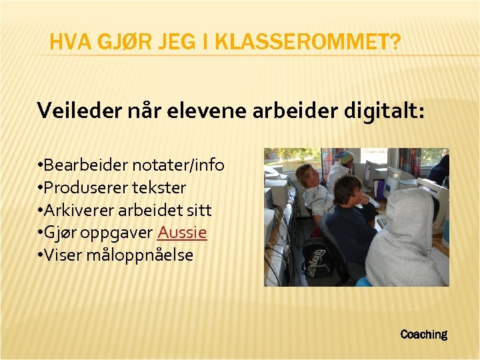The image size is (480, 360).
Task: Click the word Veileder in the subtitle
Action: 74,110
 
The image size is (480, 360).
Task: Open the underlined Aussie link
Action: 182,232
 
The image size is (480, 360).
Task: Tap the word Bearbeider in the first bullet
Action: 83,165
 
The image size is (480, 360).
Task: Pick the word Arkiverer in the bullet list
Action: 81,210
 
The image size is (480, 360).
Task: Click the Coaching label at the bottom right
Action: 423,334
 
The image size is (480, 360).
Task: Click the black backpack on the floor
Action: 319,257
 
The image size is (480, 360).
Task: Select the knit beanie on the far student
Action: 345,157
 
